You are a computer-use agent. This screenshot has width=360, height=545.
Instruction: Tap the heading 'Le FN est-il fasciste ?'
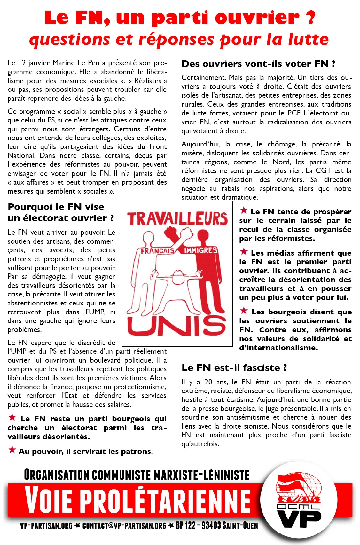click(234, 368)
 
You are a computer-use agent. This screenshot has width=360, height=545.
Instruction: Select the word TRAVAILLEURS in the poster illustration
click(177, 219)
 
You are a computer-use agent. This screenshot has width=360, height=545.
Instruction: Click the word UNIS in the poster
click(177, 326)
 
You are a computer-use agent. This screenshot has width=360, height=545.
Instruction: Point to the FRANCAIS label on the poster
click(158, 251)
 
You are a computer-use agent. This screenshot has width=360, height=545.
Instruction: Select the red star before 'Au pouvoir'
click(12, 450)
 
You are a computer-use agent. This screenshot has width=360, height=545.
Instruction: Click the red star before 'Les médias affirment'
click(244, 252)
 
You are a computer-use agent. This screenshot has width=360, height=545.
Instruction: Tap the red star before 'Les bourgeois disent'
click(244, 311)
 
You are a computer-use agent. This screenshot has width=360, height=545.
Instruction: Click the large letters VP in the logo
click(299, 518)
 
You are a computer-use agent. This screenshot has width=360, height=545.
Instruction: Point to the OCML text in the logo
click(298, 507)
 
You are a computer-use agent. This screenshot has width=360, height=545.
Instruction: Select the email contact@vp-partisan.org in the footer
click(124, 526)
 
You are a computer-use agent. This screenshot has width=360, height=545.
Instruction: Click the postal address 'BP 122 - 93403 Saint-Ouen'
click(217, 525)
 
